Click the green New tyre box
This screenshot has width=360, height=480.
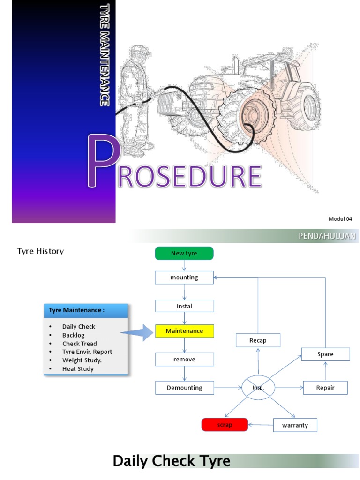pos(184,253)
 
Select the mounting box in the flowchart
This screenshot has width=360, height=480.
pos(184,277)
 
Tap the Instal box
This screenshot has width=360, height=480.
pos(184,306)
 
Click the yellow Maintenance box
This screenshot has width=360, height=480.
pos(184,331)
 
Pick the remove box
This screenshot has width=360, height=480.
pos(184,360)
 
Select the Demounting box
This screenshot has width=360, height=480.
pos(185,388)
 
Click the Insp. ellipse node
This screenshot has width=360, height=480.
pos(258,388)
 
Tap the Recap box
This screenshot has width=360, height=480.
pos(258,340)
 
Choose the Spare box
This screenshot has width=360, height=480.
pos(325,354)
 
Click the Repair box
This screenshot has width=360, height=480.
pos(325,388)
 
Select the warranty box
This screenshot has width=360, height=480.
pos(295,425)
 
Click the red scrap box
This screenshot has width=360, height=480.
pos(225,425)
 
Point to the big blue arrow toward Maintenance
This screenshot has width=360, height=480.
pos(138,332)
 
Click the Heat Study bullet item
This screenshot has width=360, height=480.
pos(78,369)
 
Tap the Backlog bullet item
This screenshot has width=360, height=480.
pos(74,335)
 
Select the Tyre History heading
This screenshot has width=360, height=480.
pos(40,251)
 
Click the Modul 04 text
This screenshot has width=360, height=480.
pos(340,219)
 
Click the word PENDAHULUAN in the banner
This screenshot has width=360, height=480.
pos(327,236)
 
